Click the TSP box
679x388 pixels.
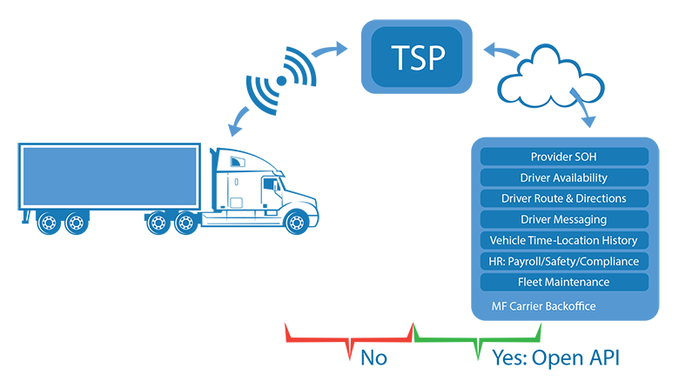tap(417, 58)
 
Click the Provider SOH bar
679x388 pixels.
tap(563, 157)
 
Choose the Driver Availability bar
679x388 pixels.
tap(563, 177)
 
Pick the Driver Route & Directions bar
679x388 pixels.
tap(563, 198)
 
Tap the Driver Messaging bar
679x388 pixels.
tap(563, 219)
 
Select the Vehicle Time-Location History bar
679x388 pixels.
tap(563, 240)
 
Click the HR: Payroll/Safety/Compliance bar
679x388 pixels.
tap(563, 261)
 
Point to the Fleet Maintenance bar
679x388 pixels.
tap(563, 282)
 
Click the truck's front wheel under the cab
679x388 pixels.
tap(297, 222)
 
